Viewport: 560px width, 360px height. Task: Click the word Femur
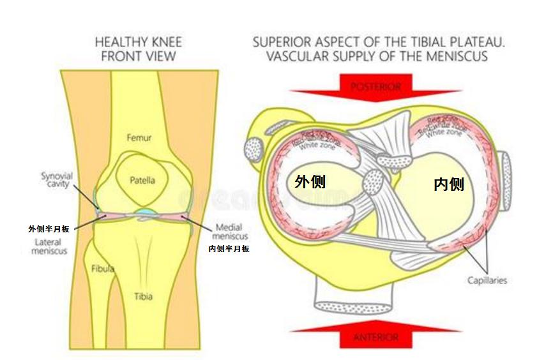click(139, 137)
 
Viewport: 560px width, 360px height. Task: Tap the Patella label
click(142, 180)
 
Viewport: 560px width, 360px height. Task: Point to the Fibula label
click(102, 269)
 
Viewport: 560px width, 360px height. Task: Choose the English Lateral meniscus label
click(48, 246)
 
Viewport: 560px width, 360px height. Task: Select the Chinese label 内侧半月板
click(229, 249)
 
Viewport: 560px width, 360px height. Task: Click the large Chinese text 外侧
click(310, 181)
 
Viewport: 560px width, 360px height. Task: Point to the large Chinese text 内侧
click(448, 184)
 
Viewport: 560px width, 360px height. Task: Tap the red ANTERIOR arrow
click(376, 335)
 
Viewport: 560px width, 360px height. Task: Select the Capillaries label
click(487, 280)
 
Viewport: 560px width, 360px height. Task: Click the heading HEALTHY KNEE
click(138, 42)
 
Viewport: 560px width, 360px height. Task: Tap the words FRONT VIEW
click(138, 56)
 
